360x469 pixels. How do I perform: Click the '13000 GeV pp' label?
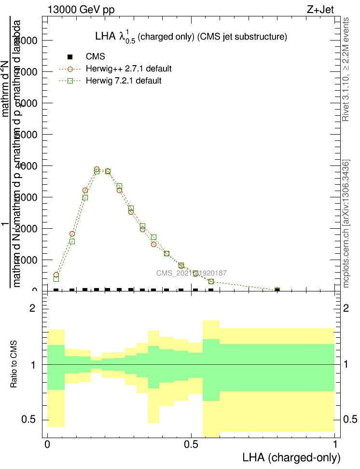coord(81,9)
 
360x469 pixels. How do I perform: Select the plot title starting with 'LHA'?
coord(191,37)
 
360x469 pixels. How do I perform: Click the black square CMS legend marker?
coord(69,57)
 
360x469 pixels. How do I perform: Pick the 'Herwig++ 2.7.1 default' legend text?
coord(129,69)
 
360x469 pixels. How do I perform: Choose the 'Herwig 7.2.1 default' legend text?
coord(124,81)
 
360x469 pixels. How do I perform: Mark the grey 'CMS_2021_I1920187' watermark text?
coord(192,273)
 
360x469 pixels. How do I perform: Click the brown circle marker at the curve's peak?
coord(97,169)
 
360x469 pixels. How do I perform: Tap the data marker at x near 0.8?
coord(277,290)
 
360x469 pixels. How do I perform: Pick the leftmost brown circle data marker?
coord(56,275)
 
